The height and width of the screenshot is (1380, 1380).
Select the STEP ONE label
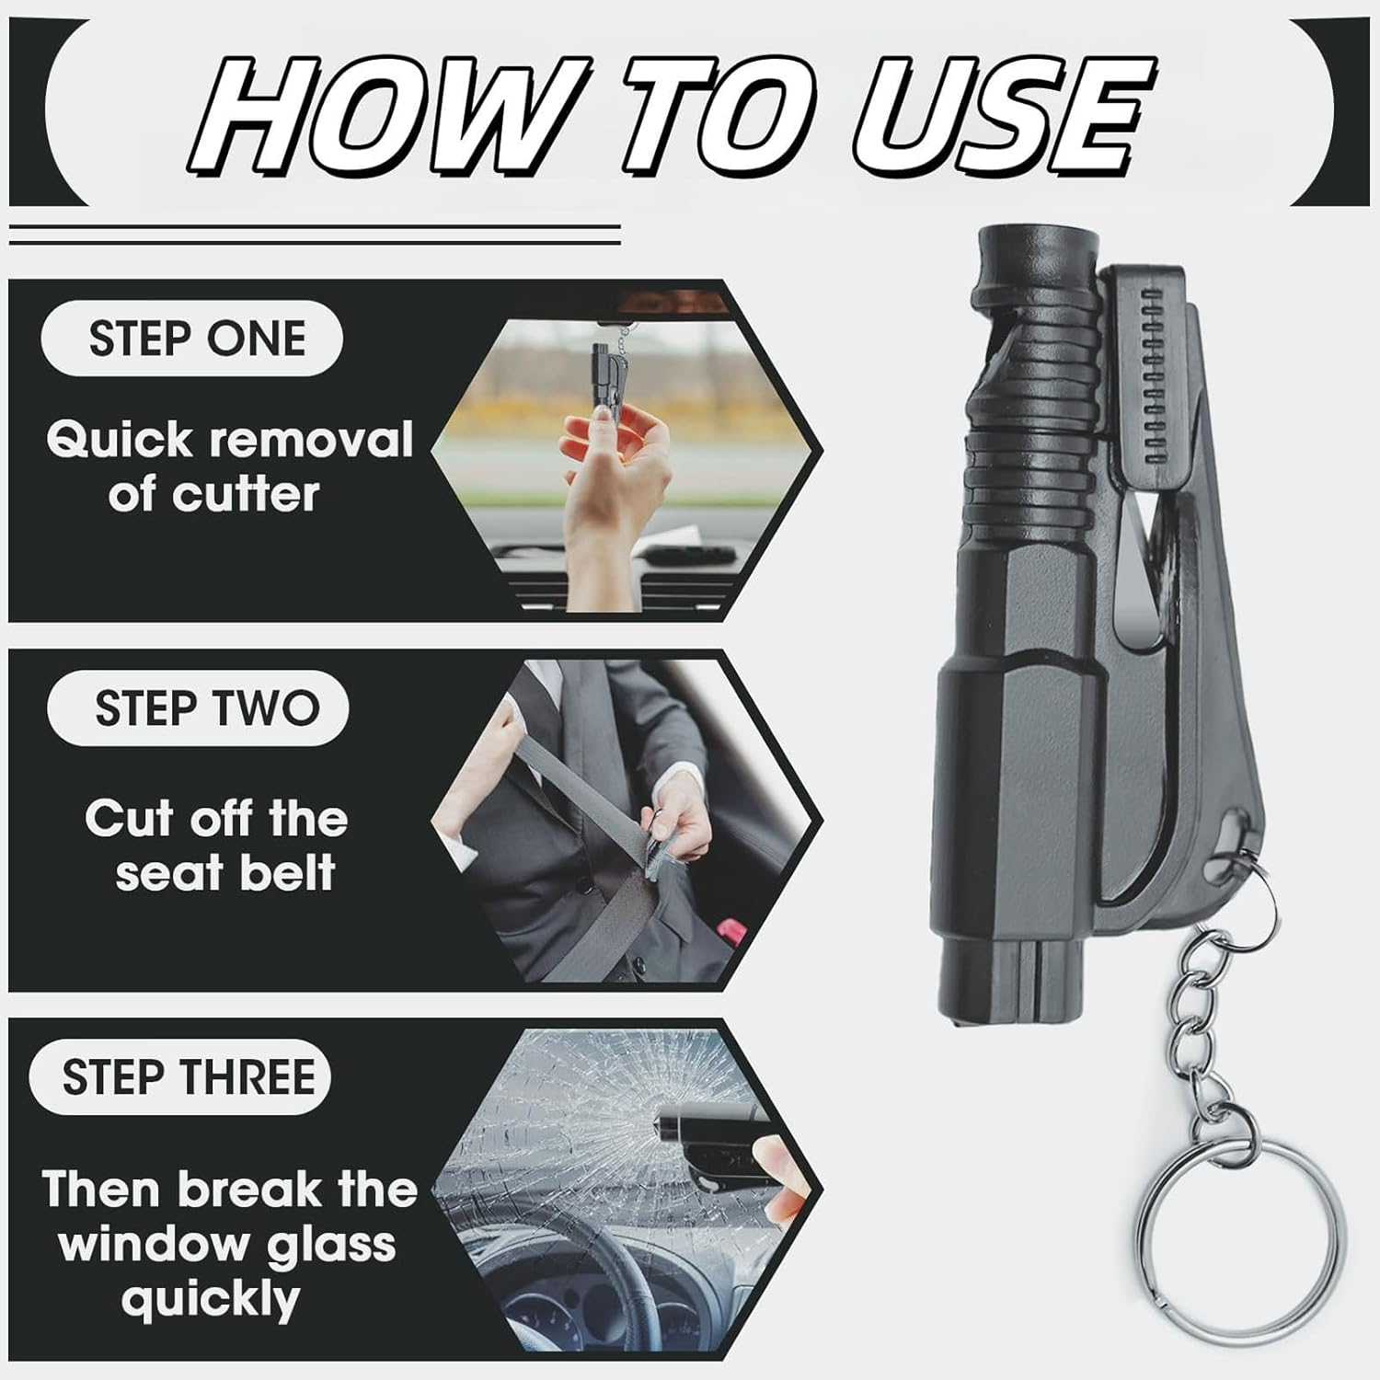pos(196,338)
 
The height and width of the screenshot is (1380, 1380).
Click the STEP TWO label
pos(205,709)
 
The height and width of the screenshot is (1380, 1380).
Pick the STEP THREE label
pos(189,1077)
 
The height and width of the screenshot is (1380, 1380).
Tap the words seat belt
pos(224,872)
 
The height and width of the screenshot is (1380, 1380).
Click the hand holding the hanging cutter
pos(616,478)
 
